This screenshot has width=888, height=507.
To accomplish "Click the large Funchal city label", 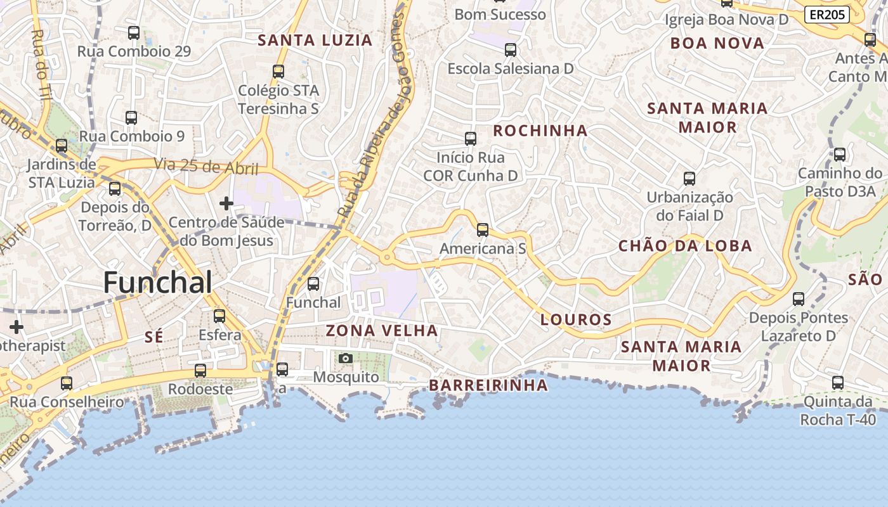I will coord(157,282).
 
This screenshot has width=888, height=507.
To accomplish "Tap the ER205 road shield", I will coord(826,15).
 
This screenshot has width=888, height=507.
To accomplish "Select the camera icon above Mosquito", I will coord(345,359).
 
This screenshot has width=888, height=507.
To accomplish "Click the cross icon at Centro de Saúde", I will coord(226,203).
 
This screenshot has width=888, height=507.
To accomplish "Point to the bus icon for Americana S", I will coord(483,230).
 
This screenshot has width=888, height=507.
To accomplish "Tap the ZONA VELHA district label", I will coord(382,330).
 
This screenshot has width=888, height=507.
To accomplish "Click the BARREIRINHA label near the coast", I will coord(488,385).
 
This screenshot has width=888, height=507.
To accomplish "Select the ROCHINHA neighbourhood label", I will coord(540,131).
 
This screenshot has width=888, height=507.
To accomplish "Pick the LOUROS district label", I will coord(576,320).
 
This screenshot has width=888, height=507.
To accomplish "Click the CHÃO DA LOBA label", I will coord(685,246).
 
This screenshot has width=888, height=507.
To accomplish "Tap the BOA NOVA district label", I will coord(717,43).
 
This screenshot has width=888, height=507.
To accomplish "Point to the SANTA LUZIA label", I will coord(315,41).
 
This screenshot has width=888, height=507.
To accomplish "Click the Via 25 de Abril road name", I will coord(206,167).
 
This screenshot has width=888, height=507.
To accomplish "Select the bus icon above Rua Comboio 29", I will coord(134,33).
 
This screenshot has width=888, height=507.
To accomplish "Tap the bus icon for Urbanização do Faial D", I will coord(689,179).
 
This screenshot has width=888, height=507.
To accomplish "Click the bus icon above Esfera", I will coord(219,316).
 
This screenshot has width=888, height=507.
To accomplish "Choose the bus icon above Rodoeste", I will coord(200,371).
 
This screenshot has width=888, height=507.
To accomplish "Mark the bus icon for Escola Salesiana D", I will coord(511,50).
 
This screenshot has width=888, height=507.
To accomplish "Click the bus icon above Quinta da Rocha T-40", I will coord(838,383).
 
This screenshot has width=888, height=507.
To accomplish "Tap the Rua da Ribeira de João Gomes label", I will coord(374,114).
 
